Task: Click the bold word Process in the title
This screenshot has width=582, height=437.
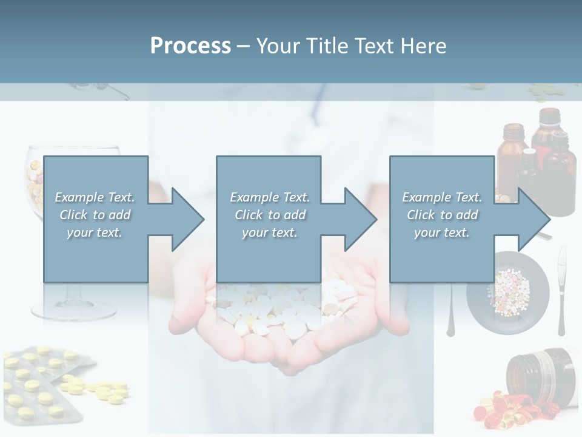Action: click(x=190, y=46)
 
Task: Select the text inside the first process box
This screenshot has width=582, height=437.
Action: click(x=95, y=214)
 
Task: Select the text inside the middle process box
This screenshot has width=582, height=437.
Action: click(x=269, y=214)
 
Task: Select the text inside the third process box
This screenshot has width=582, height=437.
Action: click(x=441, y=214)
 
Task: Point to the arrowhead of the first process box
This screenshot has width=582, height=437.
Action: click(x=187, y=219)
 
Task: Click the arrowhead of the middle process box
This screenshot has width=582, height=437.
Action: click(x=360, y=219)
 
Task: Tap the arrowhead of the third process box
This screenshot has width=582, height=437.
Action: click(x=533, y=219)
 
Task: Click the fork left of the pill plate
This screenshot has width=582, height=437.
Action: click(x=450, y=310)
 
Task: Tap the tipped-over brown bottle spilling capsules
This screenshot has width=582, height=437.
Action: click(x=541, y=373)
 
